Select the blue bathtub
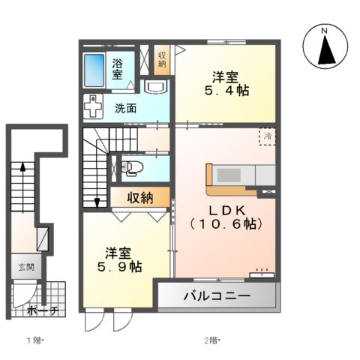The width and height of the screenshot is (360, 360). pos(94,70)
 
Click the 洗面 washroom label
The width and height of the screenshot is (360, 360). pos(125,107)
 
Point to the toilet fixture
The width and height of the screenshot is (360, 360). pos(130,167)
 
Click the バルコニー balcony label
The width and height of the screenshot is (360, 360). pos(217,296)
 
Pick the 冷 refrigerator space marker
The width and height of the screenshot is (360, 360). pos(267,136)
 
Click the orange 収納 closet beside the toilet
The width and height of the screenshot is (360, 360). pos(139,198)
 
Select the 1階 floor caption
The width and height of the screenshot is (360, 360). pos(35,341)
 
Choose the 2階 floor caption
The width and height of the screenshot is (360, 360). pos(212,341)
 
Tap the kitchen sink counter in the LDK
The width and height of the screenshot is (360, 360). pos(233,175)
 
